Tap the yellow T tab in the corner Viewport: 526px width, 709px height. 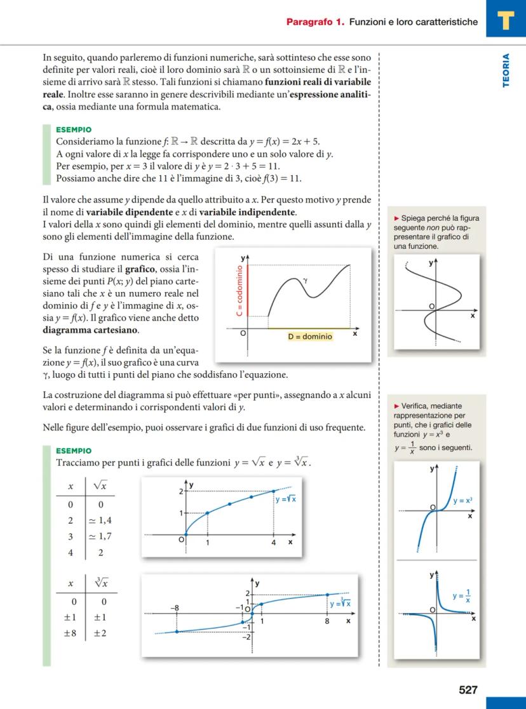[506, 20]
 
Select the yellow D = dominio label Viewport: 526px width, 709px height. [309, 336]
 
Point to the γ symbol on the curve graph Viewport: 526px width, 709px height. [305, 279]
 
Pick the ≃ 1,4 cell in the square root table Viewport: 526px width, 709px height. [100, 520]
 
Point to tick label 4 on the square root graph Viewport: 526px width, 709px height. [273, 543]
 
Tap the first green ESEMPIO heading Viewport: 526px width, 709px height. [74, 129]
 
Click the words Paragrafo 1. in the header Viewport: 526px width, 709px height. [315, 22]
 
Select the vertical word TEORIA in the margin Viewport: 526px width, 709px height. [506, 70]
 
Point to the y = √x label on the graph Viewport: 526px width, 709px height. [285, 499]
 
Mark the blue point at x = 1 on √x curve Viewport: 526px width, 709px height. [208, 513]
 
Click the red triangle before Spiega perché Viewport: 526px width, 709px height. [397, 218]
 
